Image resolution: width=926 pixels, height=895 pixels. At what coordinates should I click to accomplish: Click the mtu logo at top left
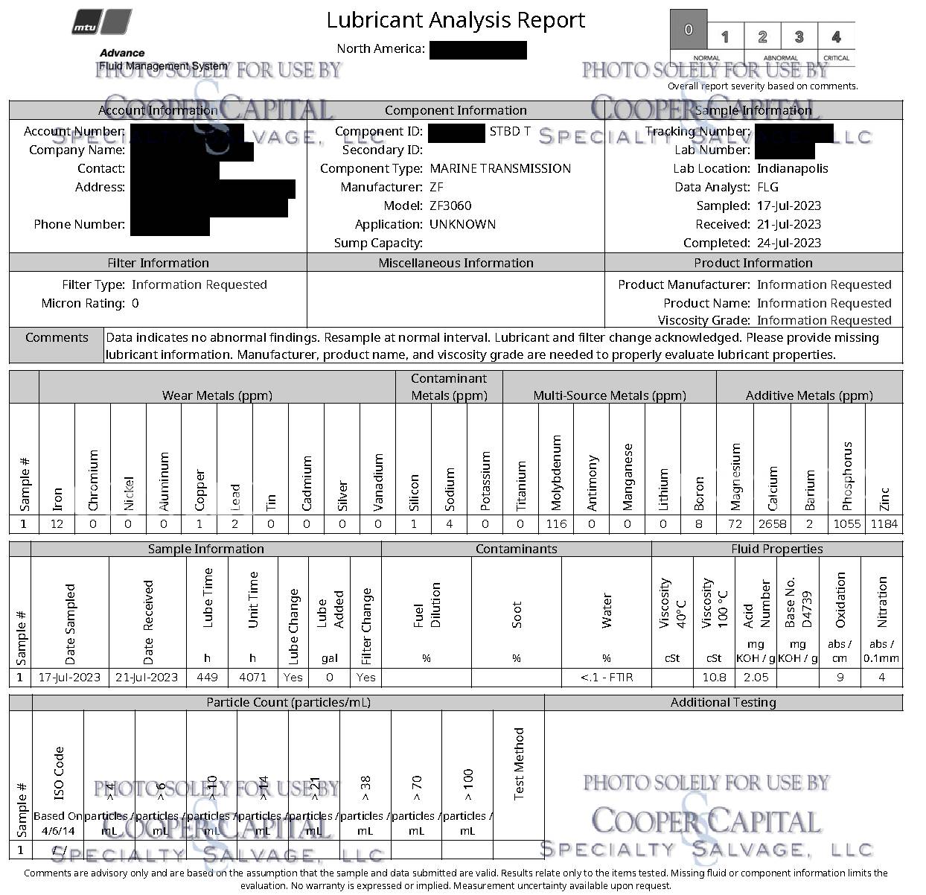click(x=103, y=22)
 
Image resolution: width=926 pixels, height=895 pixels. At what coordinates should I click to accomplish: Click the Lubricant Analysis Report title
click(x=456, y=20)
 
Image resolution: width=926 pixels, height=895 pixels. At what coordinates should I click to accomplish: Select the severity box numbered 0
click(x=689, y=30)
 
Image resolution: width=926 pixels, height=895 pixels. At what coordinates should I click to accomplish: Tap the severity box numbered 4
click(x=836, y=36)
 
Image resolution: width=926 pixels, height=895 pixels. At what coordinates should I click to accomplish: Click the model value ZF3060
click(x=450, y=206)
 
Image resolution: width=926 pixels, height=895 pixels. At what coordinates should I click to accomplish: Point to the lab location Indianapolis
click(x=792, y=168)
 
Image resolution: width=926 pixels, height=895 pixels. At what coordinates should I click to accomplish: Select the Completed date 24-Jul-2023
click(x=789, y=243)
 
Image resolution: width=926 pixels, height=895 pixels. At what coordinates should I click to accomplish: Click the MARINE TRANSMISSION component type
click(x=500, y=168)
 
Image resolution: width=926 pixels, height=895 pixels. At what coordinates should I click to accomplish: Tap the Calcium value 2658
click(x=772, y=524)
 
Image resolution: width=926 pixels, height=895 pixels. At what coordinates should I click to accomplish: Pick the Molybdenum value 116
click(x=556, y=524)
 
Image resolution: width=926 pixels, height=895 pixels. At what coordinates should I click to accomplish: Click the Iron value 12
click(x=57, y=524)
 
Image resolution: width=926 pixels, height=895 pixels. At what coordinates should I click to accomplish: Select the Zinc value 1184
click(x=884, y=524)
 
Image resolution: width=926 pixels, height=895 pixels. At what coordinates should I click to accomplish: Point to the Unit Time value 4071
click(x=252, y=678)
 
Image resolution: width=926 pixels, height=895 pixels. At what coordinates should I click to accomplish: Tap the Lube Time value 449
click(x=207, y=678)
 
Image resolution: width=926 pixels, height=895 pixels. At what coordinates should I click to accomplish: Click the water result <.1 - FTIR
click(x=607, y=678)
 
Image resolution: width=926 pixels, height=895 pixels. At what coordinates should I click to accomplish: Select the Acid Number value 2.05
click(x=756, y=678)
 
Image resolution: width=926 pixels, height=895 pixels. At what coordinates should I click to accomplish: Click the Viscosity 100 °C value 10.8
click(x=714, y=678)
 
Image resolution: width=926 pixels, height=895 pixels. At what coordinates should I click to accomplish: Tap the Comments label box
click(x=57, y=338)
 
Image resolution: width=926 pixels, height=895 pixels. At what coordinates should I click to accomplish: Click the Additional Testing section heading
click(x=723, y=702)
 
